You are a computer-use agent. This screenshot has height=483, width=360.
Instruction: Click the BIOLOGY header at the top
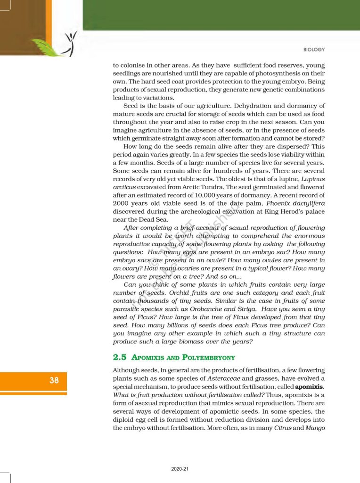[x=314, y=50]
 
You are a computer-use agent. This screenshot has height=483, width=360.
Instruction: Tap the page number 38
[x=54, y=380]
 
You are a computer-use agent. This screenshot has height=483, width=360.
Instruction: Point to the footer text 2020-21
[x=180, y=469]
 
